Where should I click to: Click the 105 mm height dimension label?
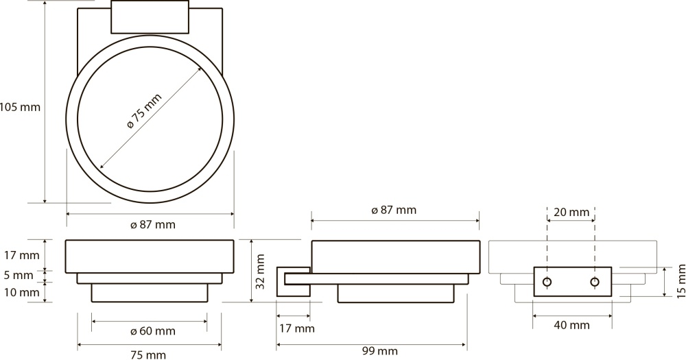[20, 107]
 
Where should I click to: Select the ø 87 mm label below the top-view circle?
[153, 225]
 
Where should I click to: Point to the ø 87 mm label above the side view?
[394, 210]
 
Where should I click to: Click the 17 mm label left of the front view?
[22, 255]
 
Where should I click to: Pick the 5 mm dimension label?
[19, 275]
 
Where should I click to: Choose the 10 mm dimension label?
[22, 291]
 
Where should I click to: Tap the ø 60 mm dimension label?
[153, 331]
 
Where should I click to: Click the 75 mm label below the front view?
[148, 355]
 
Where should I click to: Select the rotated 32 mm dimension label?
[261, 272]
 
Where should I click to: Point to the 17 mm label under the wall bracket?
[296, 328]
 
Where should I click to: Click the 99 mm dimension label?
[380, 351]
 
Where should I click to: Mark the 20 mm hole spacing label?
[571, 213]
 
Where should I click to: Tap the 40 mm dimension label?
[571, 325]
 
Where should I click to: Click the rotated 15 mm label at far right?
[681, 281]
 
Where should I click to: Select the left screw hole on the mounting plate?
[547, 282]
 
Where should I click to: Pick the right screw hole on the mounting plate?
[595, 282]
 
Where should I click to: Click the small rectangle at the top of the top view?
[150, 16]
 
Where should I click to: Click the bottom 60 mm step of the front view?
[149, 293]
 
